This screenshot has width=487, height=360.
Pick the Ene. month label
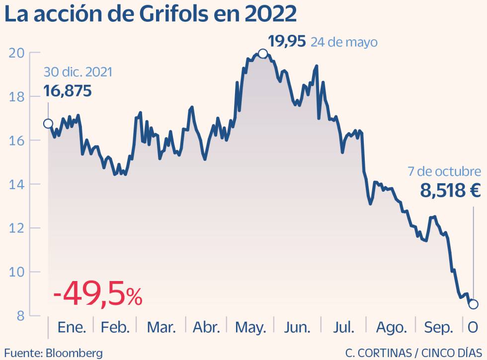72,327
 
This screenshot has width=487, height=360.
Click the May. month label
250,327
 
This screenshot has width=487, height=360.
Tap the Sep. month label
439,327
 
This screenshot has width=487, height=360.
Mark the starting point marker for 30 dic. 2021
48,124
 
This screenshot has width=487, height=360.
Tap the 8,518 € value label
450,190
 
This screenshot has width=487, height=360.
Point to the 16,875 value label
68,90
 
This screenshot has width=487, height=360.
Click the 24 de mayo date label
344,42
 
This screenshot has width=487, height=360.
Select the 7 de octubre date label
444,171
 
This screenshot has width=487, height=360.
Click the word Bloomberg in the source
74,353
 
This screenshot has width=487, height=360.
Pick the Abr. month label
206,327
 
